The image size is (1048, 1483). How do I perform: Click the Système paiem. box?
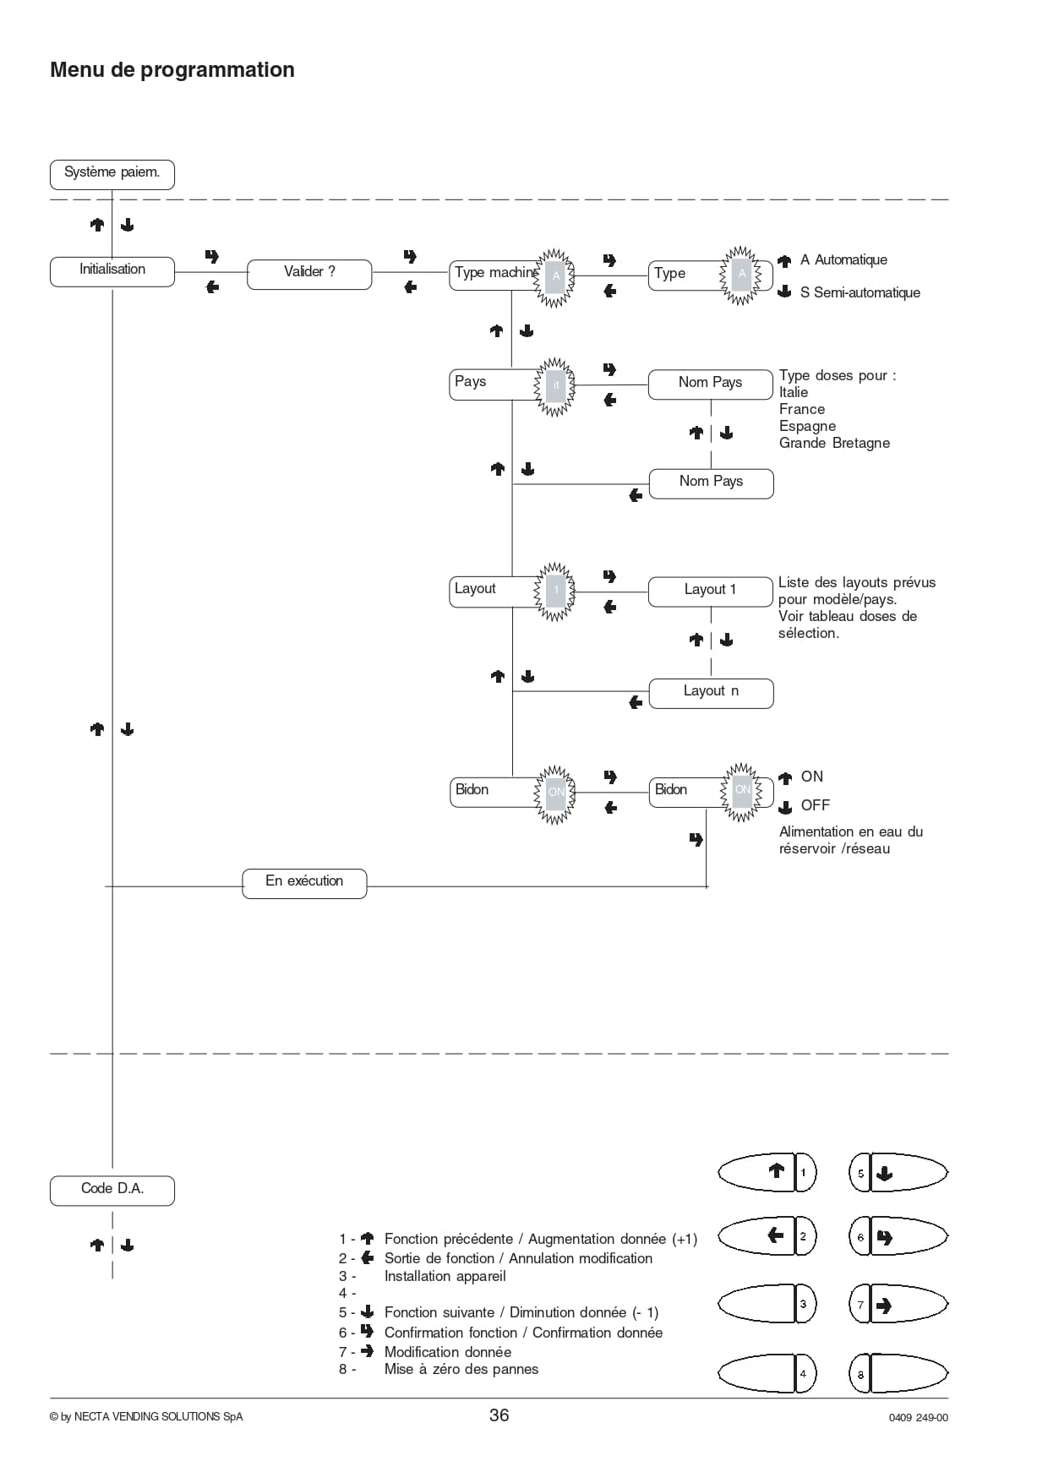coord(112,174)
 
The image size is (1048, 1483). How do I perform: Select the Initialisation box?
coord(112,271)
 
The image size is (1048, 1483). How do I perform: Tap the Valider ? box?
coord(309,274)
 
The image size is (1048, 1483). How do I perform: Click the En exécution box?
coord(304,883)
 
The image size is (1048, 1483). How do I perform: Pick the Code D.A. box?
coord(112,1190)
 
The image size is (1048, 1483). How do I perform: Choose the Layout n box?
coord(711,693)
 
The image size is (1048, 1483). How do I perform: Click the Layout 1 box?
coord(711,592)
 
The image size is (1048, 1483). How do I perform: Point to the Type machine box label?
coord(496,272)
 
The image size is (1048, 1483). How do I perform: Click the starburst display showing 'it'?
coord(555,385)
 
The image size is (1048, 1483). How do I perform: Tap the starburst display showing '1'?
coord(555,591)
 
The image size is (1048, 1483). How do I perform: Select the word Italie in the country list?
coord(794,392)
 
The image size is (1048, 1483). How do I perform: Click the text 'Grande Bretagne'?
coord(834,443)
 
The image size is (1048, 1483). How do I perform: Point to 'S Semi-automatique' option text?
coord(860,292)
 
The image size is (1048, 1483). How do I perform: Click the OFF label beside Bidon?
coord(816,805)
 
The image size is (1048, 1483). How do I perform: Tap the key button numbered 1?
coord(767,1172)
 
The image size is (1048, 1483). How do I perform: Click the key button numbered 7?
coord(898,1306)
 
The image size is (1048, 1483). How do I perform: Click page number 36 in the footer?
coord(499,1415)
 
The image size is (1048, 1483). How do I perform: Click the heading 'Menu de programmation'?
coord(172,70)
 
